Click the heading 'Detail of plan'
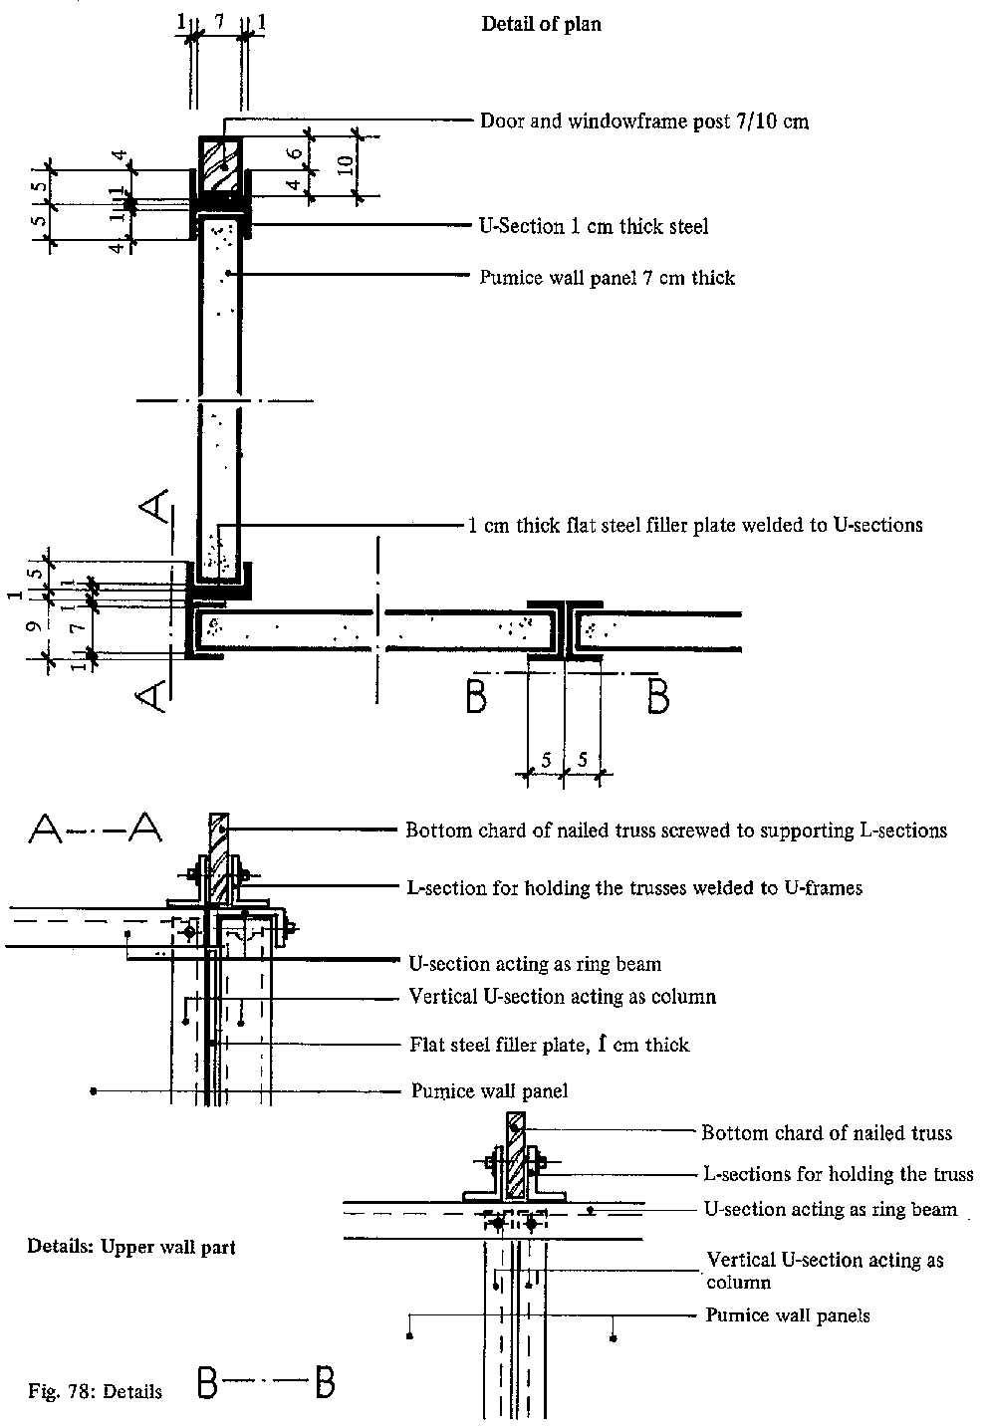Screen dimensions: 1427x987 tap(541, 24)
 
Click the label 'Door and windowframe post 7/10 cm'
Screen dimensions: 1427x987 tap(644, 121)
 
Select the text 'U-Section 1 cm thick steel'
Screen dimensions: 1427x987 tap(595, 227)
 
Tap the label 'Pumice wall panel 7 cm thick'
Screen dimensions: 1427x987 tap(608, 278)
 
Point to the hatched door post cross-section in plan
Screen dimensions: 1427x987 tap(219, 163)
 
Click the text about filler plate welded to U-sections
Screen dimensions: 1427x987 tap(695, 525)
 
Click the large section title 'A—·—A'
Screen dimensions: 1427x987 tap(97, 827)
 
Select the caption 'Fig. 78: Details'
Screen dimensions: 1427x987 tap(95, 1391)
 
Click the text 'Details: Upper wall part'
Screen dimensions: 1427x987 tap(131, 1247)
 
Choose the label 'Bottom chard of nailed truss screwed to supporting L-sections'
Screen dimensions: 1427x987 tap(675, 831)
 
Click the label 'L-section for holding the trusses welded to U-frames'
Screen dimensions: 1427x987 tap(635, 887)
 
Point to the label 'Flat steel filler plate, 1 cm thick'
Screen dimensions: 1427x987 tap(549, 1045)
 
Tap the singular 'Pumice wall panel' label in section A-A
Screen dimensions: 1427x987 tap(489, 1091)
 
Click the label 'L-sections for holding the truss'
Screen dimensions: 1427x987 tap(837, 1175)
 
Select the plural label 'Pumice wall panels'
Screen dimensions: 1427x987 tap(787, 1315)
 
